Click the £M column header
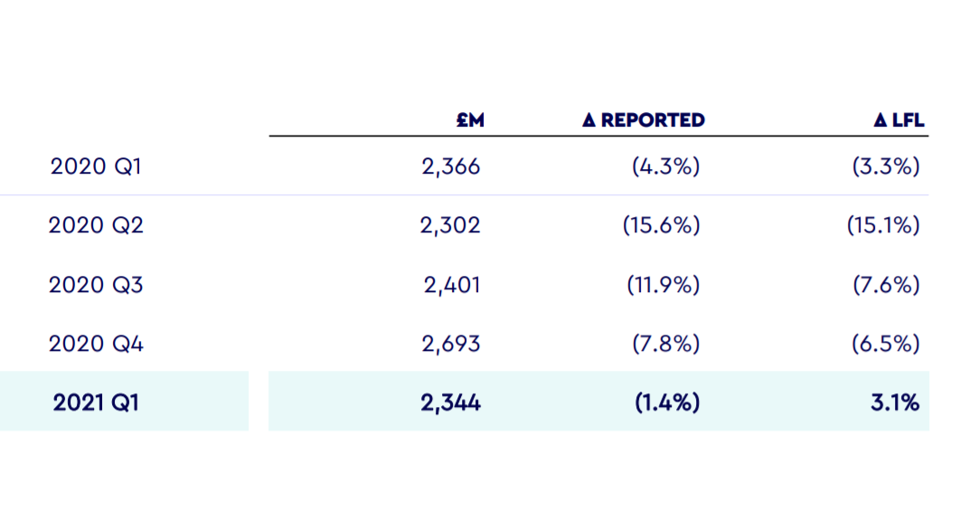click(470, 120)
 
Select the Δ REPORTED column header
click(644, 120)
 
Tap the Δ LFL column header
click(899, 120)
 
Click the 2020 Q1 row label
click(96, 166)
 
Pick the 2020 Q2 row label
click(96, 225)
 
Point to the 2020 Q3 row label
click(96, 285)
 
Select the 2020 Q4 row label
click(96, 344)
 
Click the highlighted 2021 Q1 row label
click(96, 403)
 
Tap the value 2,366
click(451, 166)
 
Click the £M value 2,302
click(450, 225)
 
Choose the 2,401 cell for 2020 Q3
click(452, 285)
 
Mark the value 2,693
click(451, 344)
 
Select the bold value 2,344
click(450, 403)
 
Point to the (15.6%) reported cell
click(661, 225)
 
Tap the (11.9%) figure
click(663, 285)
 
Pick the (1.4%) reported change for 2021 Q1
click(666, 403)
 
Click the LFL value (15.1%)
click(883, 225)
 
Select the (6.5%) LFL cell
click(886, 344)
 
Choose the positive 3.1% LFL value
click(897, 403)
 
